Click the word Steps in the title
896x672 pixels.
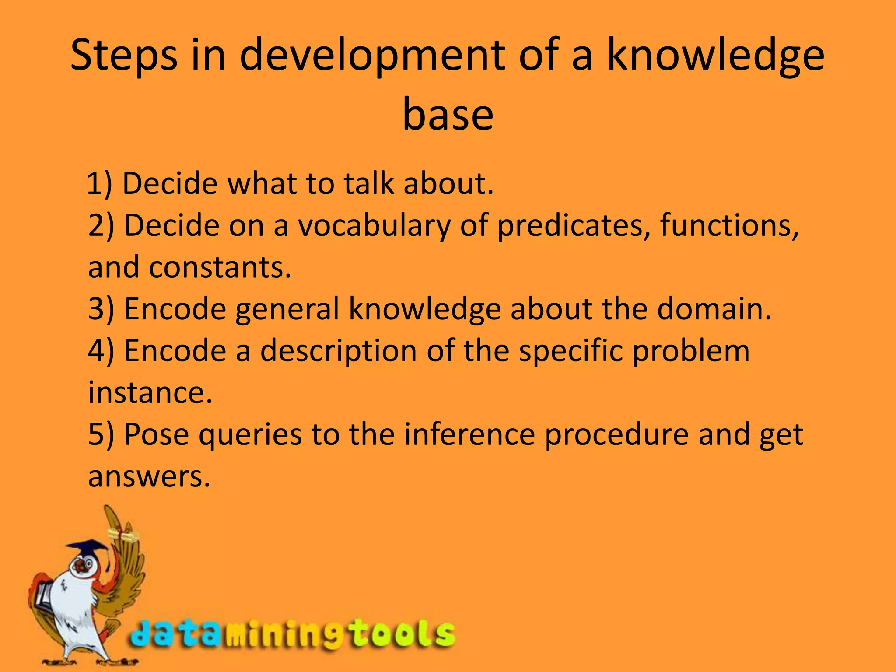click(124, 56)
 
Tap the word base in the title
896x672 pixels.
click(448, 114)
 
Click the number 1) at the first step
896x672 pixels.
click(100, 183)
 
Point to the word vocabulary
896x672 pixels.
click(374, 226)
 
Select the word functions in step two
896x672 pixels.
click(729, 225)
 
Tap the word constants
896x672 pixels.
click(220, 267)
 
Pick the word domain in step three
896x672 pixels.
click(714, 309)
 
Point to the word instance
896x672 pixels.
click(150, 392)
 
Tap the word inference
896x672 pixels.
click(469, 434)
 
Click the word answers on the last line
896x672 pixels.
click(149, 476)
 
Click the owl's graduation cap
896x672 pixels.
click(87, 547)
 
